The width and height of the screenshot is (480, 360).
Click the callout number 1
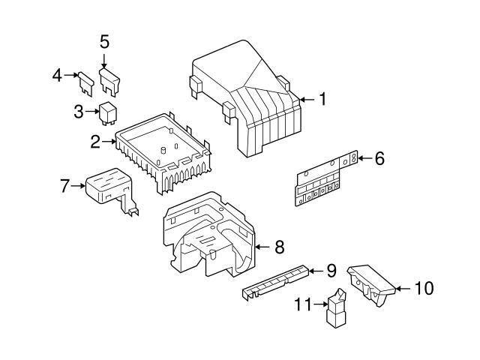coord(322,99)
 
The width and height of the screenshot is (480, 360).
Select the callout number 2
coord(96,140)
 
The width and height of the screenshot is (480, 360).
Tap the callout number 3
coord(79,112)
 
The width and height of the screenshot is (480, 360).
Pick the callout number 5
coord(105,41)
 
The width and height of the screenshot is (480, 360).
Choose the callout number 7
coord(64,184)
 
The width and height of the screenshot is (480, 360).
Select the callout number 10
coord(424,287)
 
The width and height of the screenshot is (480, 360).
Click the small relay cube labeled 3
coord(107,112)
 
